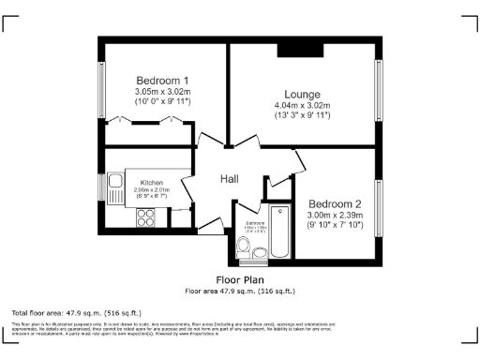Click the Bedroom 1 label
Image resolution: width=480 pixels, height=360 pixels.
click(162, 80)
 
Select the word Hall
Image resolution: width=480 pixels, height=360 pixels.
click(230, 179)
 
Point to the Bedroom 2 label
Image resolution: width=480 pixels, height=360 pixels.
click(335, 204)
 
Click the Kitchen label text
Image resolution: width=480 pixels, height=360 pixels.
click(152, 183)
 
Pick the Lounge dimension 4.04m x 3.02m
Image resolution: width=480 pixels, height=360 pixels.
click(304, 105)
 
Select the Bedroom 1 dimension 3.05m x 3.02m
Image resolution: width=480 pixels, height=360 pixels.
click(163, 91)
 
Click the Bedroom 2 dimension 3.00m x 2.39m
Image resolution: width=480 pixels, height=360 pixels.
click(336, 216)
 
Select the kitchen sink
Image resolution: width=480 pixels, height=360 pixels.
click(116, 187)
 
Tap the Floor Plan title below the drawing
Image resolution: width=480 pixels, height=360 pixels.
click(240, 279)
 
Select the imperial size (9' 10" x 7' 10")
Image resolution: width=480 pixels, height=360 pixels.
click(336, 226)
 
